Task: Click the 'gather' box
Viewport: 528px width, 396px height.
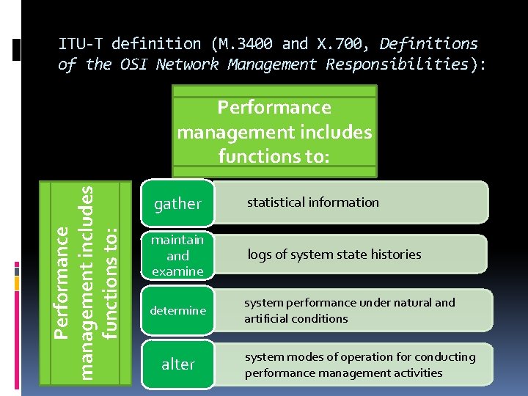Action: tap(177, 203)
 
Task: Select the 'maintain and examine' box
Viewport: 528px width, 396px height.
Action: tap(177, 255)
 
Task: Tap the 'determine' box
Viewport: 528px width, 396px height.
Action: tap(177, 311)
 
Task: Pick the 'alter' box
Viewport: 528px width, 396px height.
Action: tap(177, 364)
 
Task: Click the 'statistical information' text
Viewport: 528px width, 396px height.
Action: tap(313, 202)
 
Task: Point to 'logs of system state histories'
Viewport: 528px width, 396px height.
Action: tap(334, 254)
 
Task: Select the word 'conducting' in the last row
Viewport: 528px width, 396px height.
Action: tap(445, 357)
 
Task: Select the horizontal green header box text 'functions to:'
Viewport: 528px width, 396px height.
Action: tap(274, 155)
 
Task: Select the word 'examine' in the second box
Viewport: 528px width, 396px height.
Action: tap(177, 271)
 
